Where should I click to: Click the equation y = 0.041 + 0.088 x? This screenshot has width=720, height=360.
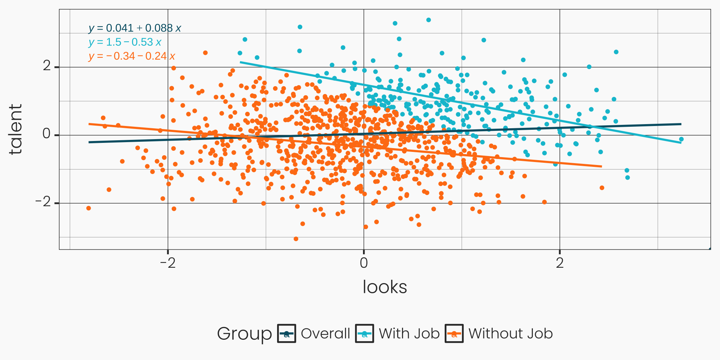tap(135, 28)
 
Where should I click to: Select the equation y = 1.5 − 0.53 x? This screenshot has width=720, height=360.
tap(125, 42)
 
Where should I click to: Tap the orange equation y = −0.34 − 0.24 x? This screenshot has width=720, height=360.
tap(132, 56)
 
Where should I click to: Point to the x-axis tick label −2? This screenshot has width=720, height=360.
tap(168, 263)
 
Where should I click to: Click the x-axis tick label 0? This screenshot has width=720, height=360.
tap(363, 263)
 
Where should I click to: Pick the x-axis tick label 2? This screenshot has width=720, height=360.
tap(559, 263)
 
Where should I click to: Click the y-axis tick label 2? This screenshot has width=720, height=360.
tap(47, 66)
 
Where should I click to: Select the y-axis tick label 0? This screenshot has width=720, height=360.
tap(47, 134)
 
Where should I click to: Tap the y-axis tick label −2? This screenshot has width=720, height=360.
tap(43, 202)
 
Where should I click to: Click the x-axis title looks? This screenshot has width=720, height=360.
tap(385, 287)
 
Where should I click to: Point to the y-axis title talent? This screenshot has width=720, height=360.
tap(15, 129)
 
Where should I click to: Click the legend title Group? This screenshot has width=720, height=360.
tap(244, 333)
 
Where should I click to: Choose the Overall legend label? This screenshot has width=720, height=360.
tap(325, 333)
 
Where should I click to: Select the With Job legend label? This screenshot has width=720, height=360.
tap(409, 333)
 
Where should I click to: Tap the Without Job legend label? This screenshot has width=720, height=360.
tap(510, 333)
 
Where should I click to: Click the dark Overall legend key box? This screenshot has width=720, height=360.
tap(286, 333)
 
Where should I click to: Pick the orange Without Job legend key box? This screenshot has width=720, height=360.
tap(454, 333)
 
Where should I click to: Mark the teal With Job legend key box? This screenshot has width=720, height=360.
tap(364, 333)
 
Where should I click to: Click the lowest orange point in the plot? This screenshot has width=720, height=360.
tap(296, 239)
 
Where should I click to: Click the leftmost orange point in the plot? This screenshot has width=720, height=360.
tap(88, 208)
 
